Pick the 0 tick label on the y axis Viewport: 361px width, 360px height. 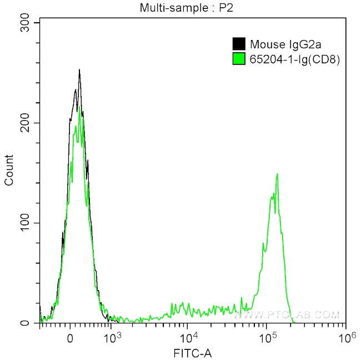pyautogui.click(x=31, y=323)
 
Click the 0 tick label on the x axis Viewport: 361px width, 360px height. pyautogui.click(x=70, y=337)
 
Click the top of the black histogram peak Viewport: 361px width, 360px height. pyautogui.click(x=79, y=70)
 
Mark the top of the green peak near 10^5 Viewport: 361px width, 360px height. pyautogui.click(x=277, y=174)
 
